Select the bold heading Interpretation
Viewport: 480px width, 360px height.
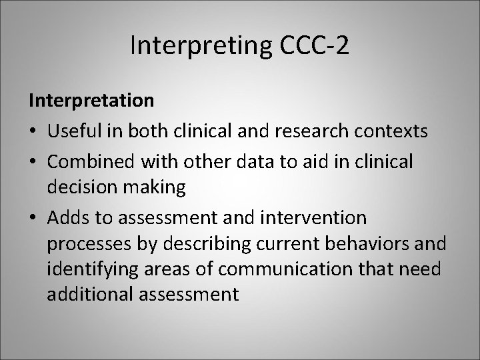(91, 102)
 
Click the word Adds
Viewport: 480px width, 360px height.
(69, 217)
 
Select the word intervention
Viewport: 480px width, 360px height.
(311, 217)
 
